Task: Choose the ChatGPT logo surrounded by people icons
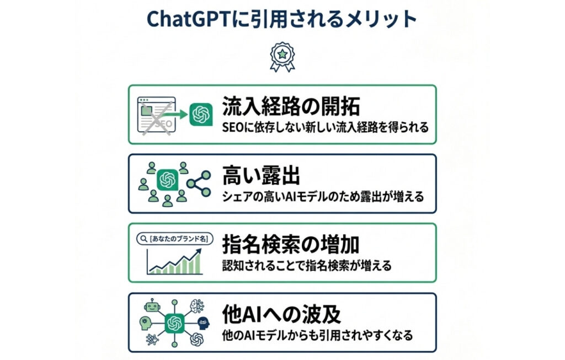click(x=167, y=180)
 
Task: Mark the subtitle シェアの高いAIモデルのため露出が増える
click(x=323, y=196)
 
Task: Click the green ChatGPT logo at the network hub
click(x=175, y=323)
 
